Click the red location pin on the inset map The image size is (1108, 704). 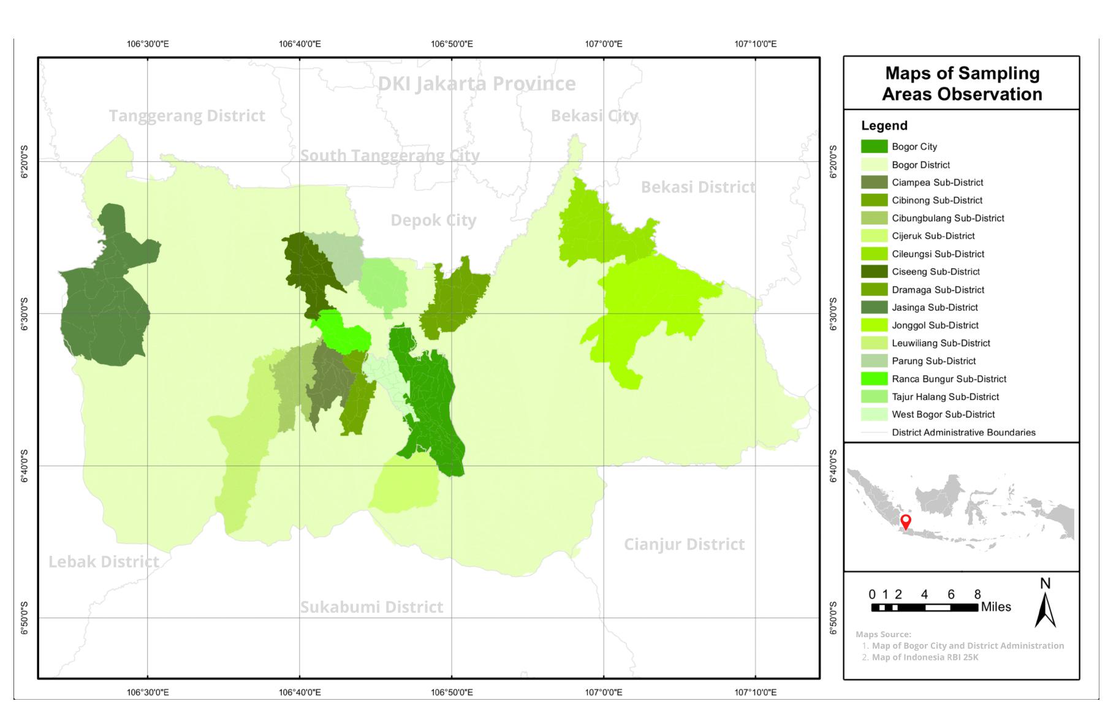(905, 522)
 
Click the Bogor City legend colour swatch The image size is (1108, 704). (874, 146)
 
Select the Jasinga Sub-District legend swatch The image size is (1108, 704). (874, 307)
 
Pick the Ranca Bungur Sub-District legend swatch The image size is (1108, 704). (874, 379)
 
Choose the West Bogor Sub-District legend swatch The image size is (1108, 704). (874, 414)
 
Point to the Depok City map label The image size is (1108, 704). (433, 220)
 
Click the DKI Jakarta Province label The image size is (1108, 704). (476, 83)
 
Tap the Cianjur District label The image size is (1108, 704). (684, 544)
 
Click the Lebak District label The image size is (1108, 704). (104, 561)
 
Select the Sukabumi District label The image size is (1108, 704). (371, 607)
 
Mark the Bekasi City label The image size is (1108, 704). (594, 115)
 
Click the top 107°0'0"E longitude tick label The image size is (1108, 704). (603, 44)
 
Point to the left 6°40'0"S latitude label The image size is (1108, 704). (25, 466)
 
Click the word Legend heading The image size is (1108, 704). (884, 126)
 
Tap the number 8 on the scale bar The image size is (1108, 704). (977, 594)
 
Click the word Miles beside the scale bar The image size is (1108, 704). (996, 607)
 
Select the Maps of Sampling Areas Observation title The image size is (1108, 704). (962, 83)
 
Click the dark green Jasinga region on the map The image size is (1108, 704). (104, 306)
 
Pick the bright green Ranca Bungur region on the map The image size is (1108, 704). (343, 334)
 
